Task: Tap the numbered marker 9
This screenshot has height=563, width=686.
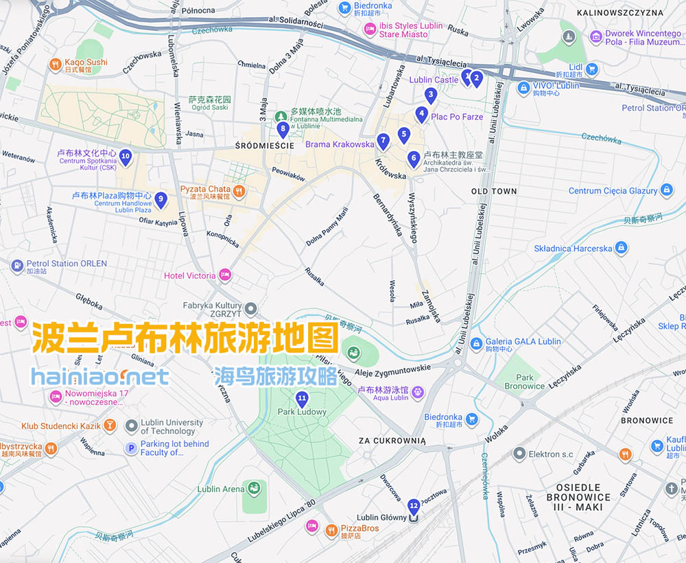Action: pos(160,199)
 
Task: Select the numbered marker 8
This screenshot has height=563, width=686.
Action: pos(283,128)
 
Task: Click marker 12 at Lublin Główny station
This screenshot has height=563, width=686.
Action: pos(413,507)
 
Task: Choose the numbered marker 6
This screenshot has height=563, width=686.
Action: pos(413,159)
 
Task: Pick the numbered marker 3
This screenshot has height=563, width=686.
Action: pos(431,95)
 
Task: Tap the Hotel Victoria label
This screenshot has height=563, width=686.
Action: pos(189,276)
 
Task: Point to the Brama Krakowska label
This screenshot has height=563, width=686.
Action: pos(340,145)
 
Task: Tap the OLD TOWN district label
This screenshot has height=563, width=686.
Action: pos(494,191)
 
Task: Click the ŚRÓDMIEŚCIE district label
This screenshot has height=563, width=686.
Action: pos(264,146)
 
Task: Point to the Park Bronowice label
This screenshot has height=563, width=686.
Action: pos(525,382)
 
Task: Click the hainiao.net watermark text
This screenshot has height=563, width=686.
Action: pos(100,376)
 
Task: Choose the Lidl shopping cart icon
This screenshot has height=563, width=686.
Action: pos(591,69)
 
